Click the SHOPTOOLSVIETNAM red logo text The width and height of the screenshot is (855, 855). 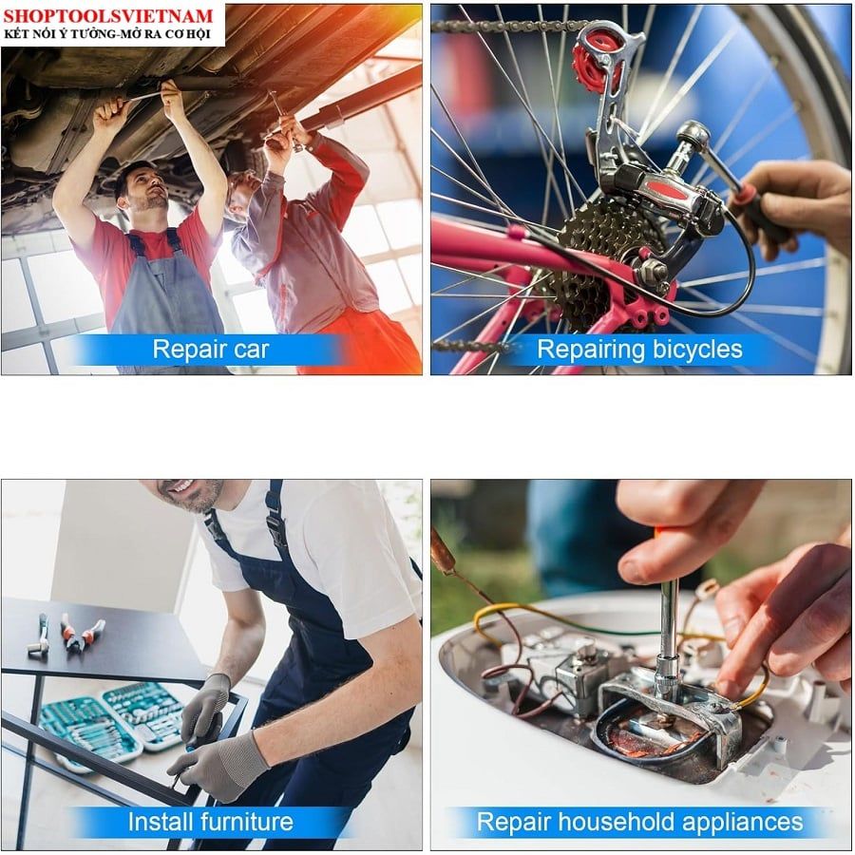107,15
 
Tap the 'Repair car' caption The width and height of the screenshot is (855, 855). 211,349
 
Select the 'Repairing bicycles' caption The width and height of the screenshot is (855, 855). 639,350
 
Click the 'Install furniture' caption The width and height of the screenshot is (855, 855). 210,821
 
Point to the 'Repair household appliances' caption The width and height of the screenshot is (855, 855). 639,822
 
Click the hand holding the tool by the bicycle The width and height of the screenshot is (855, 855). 790,206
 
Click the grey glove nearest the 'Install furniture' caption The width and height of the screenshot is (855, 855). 218,764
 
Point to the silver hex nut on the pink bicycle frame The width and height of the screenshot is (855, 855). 651,271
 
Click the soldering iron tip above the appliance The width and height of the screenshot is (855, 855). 443,552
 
